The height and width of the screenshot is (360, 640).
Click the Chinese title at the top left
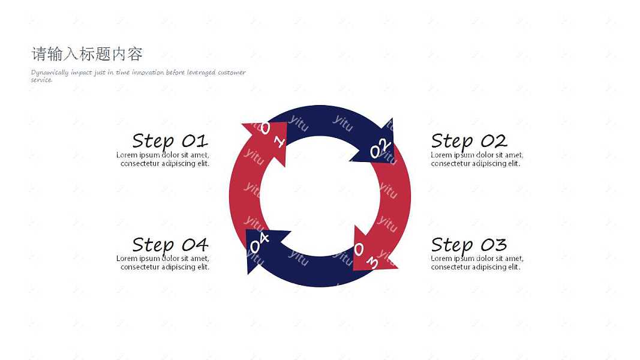87,54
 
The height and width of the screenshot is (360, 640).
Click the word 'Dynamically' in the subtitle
50,73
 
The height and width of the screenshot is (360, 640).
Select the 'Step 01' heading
170,142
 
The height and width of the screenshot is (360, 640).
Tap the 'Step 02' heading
469,142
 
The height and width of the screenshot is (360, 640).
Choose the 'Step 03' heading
469,245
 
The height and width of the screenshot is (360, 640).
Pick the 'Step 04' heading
170,245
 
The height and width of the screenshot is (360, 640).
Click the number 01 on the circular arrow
272,134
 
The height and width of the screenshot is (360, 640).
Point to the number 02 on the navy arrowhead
380,148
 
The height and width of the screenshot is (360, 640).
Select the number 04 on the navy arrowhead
259,242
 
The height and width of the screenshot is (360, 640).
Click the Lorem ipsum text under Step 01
163,159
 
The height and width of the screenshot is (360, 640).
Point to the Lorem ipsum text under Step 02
477,159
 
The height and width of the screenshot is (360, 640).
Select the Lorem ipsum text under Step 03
477,262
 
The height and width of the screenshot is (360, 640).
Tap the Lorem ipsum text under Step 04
163,262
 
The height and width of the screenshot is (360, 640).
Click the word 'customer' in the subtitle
232,72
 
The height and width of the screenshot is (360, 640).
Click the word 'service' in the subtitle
41,80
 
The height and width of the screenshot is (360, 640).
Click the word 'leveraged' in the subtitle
201,73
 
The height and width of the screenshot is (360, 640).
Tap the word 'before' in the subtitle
175,72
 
